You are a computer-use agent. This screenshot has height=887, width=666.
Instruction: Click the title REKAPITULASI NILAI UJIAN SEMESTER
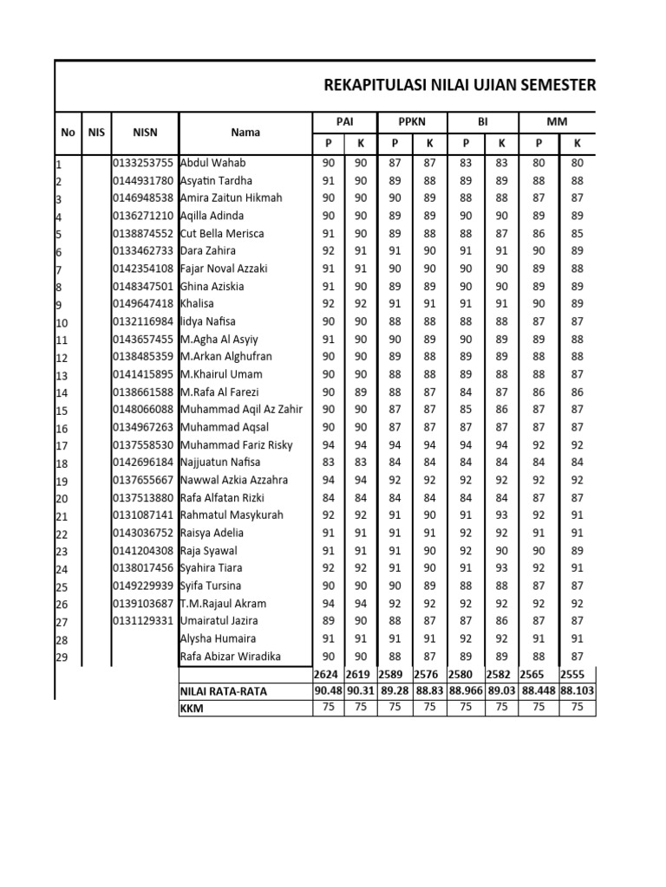[459, 85]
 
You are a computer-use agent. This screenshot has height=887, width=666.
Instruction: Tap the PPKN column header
[412, 122]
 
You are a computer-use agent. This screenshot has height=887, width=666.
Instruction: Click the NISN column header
[144, 133]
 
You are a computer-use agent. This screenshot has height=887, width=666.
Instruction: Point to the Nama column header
[245, 133]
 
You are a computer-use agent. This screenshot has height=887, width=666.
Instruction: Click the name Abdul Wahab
[212, 163]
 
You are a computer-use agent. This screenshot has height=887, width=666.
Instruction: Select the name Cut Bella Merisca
[222, 234]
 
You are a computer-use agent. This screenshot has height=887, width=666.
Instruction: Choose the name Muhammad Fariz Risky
[236, 445]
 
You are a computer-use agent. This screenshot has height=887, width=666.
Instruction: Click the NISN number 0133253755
[143, 163]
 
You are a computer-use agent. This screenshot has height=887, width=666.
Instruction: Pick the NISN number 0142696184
[143, 463]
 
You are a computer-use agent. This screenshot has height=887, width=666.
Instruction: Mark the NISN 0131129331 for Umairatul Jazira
[143, 621]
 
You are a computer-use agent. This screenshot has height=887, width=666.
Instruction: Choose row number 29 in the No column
[62, 658]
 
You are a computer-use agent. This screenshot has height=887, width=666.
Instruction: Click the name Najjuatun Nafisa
[221, 463]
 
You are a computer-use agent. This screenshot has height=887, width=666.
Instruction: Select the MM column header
[557, 122]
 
